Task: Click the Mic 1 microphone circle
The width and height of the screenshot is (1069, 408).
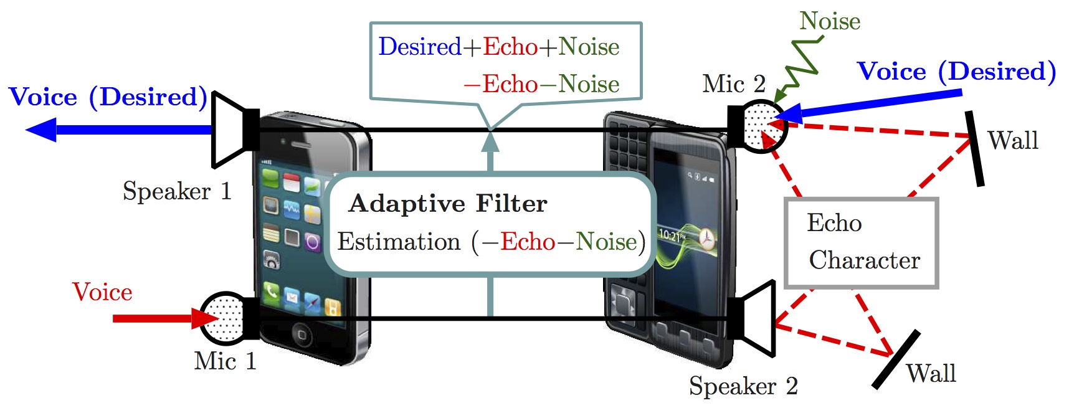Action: (224, 318)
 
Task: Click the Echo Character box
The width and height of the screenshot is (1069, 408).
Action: (862, 243)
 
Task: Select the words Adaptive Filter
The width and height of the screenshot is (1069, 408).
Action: (448, 204)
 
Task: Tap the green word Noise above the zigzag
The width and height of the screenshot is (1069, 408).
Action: (830, 21)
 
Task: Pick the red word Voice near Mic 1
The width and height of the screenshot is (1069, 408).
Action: (102, 292)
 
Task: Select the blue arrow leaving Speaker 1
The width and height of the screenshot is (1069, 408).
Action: (118, 130)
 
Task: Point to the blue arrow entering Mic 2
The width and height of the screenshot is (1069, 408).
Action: (872, 105)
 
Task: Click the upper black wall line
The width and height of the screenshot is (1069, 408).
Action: (975, 148)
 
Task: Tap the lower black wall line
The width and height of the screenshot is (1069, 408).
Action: (896, 359)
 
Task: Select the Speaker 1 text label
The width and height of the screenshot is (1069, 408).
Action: (177, 191)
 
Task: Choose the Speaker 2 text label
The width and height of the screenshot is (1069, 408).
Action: (743, 386)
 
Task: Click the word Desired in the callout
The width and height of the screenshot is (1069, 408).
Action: (419, 47)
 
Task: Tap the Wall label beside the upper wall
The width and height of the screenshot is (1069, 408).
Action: (1013, 140)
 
